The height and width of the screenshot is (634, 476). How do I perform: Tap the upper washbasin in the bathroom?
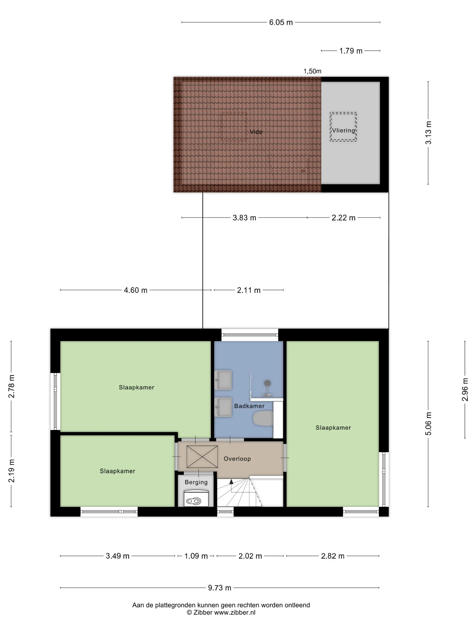[223, 380]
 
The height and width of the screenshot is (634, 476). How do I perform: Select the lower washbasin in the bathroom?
[223, 407]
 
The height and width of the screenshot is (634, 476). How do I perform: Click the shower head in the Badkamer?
[267, 383]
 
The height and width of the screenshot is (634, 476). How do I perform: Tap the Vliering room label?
[343, 130]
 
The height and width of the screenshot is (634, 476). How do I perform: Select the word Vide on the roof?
[256, 132]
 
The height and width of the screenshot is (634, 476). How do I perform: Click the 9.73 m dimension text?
[219, 588]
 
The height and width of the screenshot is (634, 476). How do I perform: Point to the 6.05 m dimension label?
[281, 22]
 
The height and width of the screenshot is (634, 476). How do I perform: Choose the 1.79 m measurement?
[351, 51]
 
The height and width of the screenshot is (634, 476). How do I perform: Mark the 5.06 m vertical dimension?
[428, 424]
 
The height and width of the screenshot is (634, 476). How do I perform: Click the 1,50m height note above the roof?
[312, 71]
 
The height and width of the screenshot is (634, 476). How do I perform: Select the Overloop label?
[237, 459]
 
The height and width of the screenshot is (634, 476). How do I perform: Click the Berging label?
[196, 482]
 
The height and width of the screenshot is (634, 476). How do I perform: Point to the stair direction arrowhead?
[231, 481]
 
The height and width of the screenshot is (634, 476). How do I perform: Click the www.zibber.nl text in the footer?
[235, 612]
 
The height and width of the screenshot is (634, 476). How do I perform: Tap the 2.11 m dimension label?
[248, 290]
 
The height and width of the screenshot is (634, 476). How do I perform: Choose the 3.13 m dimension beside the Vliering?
[428, 133]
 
